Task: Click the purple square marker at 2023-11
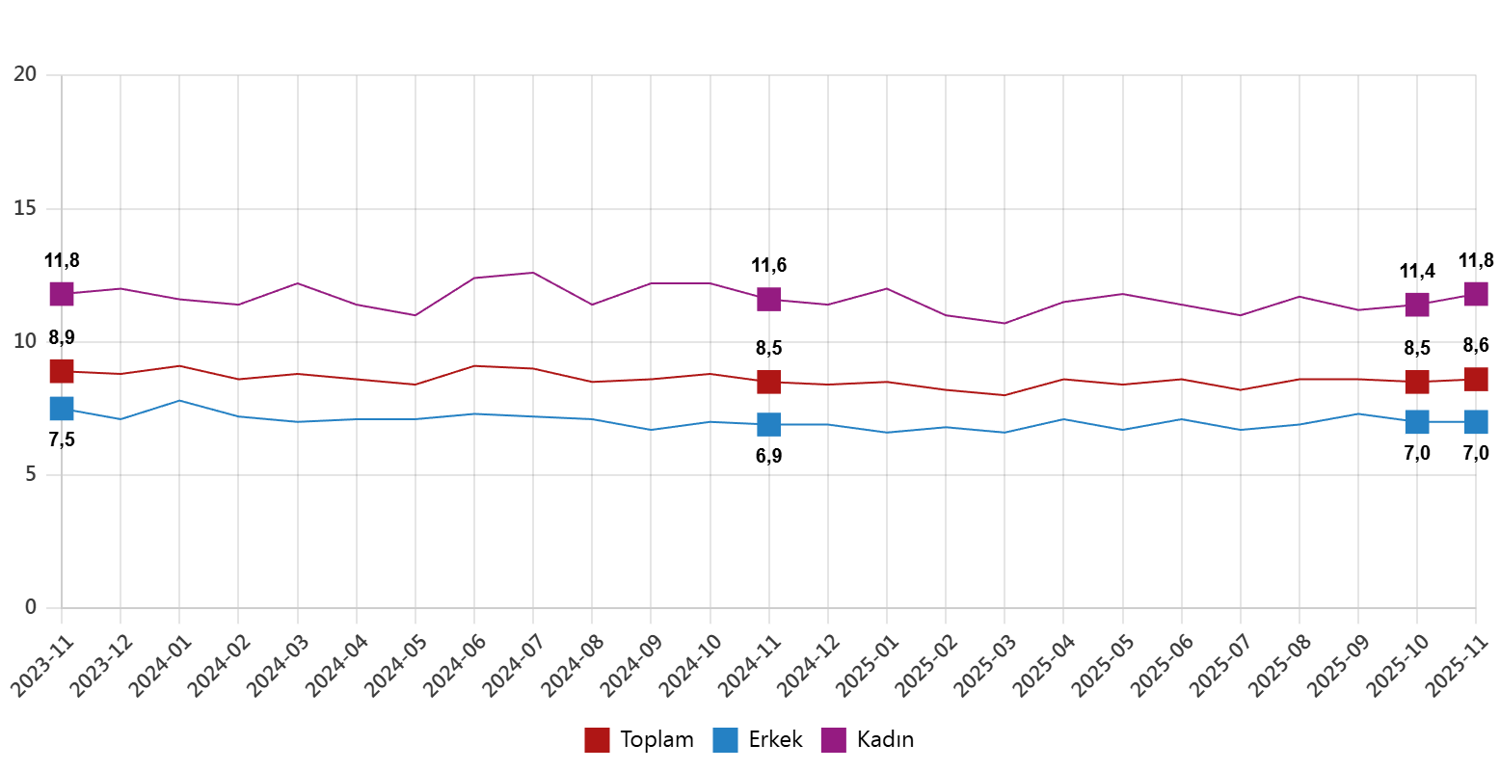(62, 294)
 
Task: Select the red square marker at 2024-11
(768, 382)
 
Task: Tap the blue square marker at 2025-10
(1416, 422)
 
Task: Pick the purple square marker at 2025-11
(1476, 294)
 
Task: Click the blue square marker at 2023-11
(62, 409)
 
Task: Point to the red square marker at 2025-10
(1416, 382)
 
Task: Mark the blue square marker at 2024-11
(768, 424)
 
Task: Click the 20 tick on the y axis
(25, 74)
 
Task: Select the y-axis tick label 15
(25, 207)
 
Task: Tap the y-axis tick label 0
(31, 606)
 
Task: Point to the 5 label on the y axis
(31, 473)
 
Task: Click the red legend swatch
(597, 740)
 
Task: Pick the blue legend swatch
(725, 740)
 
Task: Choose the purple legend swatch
(833, 740)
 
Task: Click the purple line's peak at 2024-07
(533, 273)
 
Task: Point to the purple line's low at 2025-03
(1004, 323)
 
